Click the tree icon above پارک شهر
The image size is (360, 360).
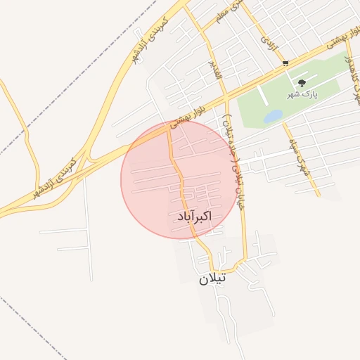tap(302, 83)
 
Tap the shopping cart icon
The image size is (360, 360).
tap(285, 63)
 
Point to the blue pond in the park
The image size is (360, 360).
tap(272, 117)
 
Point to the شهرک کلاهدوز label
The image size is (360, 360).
tap(348, 76)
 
